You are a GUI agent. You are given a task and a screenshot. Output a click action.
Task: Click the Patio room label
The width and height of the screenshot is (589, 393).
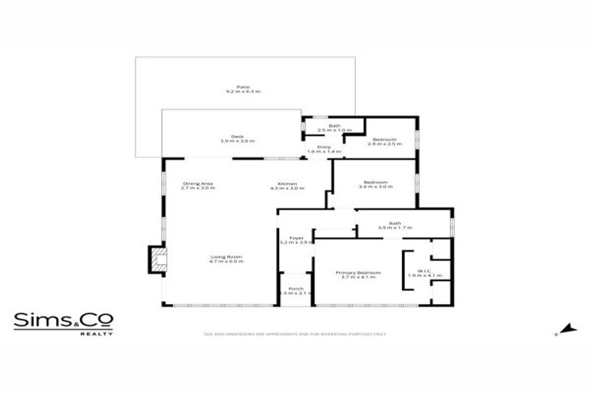click(x=243, y=87)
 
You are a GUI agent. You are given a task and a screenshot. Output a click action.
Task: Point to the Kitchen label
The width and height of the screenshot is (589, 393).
click(x=287, y=183)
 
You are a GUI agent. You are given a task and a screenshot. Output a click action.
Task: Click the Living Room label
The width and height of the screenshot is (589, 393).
click(x=226, y=256)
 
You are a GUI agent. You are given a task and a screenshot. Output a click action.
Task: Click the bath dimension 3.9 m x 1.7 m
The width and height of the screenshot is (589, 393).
click(x=394, y=228)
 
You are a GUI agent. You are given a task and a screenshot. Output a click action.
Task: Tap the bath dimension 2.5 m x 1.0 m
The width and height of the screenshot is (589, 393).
click(x=334, y=130)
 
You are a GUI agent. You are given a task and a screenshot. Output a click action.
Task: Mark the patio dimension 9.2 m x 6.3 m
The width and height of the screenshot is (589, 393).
click(x=243, y=91)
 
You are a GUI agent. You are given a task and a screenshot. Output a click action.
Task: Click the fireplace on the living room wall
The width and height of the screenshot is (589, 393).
click(x=156, y=258)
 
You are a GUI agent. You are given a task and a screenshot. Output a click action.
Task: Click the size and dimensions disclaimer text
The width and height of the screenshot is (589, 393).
click(x=294, y=334)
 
